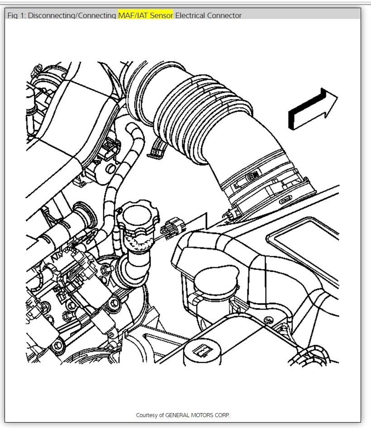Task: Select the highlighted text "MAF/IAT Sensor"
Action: point(145,15)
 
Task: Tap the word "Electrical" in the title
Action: point(190,15)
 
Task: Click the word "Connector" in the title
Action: point(224,15)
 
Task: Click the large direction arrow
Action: point(313,109)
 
